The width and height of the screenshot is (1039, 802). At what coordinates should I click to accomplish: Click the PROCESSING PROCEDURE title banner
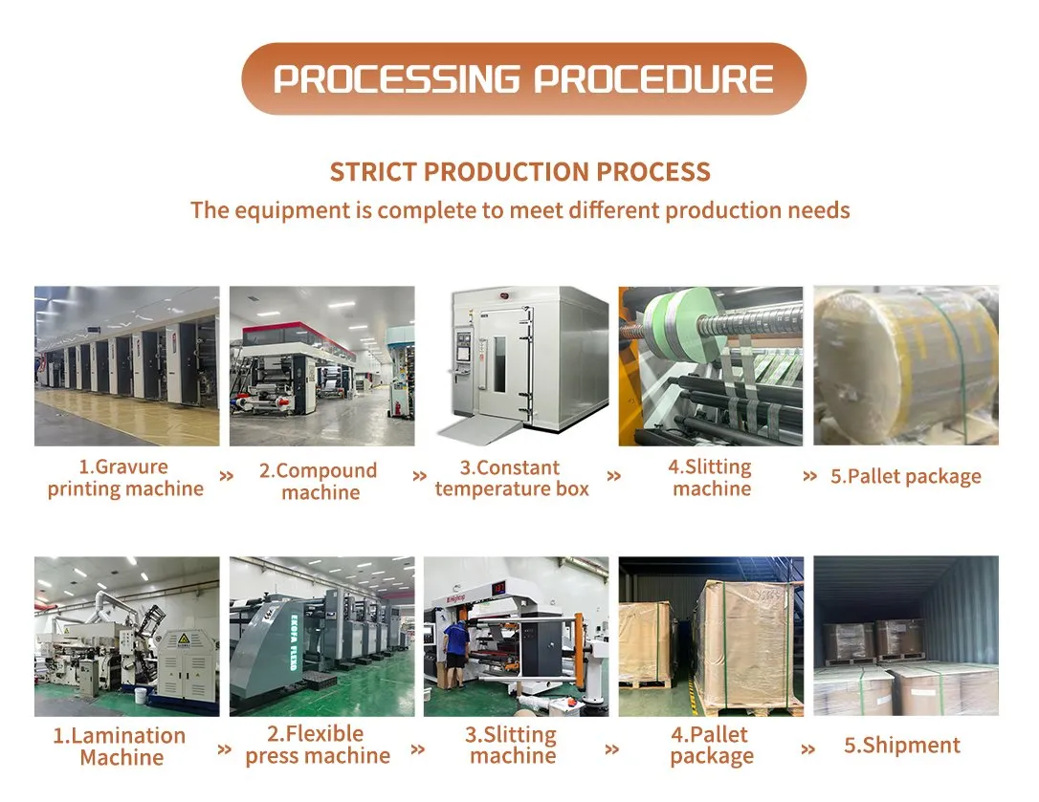pos(523,78)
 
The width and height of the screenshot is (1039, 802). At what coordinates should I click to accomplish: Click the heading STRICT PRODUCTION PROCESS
pos(520,172)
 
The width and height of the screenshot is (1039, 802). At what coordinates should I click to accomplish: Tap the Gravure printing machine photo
pos(126,365)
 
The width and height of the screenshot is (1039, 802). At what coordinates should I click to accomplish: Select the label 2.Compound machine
pos(319,481)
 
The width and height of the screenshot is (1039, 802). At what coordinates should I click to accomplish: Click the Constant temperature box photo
pos(517,365)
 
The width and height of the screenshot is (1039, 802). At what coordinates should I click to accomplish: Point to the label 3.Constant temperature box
pos(512,478)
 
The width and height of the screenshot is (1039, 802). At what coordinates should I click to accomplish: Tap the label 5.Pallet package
pos(906,476)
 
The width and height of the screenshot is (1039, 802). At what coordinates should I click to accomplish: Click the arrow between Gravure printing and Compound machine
pos(226,476)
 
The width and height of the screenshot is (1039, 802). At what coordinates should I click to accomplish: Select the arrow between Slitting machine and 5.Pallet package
pos(809,476)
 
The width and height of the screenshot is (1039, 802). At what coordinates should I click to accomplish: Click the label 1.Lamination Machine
pos(120,747)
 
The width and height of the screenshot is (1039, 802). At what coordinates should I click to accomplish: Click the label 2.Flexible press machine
pos(318,745)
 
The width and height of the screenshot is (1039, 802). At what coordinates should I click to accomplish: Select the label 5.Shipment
pos(902,746)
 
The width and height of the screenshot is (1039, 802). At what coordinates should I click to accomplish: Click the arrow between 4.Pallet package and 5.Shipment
pos(807,749)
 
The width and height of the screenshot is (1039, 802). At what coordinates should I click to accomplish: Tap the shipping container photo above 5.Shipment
pos(906,636)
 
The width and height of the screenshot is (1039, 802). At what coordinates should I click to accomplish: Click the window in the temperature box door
pos(499,363)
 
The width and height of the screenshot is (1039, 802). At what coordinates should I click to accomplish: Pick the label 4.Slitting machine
pos(710,478)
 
